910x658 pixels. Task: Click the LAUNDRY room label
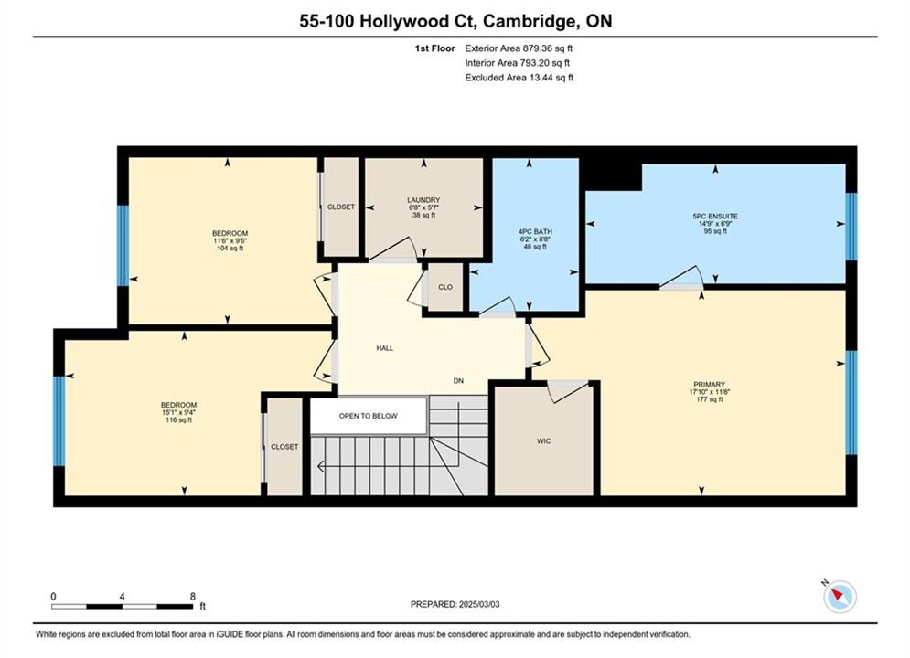[x=423, y=200]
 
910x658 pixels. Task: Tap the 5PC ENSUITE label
[x=715, y=217]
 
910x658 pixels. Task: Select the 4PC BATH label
[x=535, y=231]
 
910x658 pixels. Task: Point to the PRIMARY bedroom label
[x=709, y=385]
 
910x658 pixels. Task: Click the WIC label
[x=544, y=441]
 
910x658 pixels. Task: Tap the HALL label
[x=385, y=348]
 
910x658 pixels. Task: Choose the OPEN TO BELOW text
[x=369, y=416]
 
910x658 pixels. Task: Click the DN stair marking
[x=458, y=381]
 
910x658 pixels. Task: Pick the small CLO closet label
[x=445, y=287]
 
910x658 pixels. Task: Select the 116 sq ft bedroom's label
[x=178, y=405]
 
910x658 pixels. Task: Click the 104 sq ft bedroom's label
[x=230, y=233]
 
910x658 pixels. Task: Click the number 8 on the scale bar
[x=193, y=596]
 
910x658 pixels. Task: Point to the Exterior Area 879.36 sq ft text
[x=519, y=48]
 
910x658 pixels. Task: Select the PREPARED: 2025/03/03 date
[x=455, y=604]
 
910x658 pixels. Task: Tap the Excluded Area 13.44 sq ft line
[x=519, y=78]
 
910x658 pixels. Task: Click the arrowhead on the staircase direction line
[x=321, y=465]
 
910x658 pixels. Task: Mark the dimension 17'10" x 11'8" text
[x=709, y=392]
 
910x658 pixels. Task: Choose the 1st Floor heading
[x=434, y=48]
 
